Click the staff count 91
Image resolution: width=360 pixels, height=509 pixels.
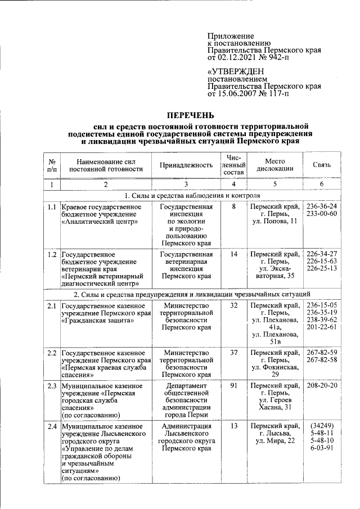tap(234, 386)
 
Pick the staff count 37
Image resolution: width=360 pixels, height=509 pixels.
tap(234, 352)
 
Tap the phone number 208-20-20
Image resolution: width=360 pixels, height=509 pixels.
tap(322, 386)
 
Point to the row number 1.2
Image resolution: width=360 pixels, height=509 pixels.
tap(51, 254)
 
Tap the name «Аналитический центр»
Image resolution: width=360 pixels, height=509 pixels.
tap(99, 222)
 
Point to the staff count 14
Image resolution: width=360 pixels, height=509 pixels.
tap(234, 254)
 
